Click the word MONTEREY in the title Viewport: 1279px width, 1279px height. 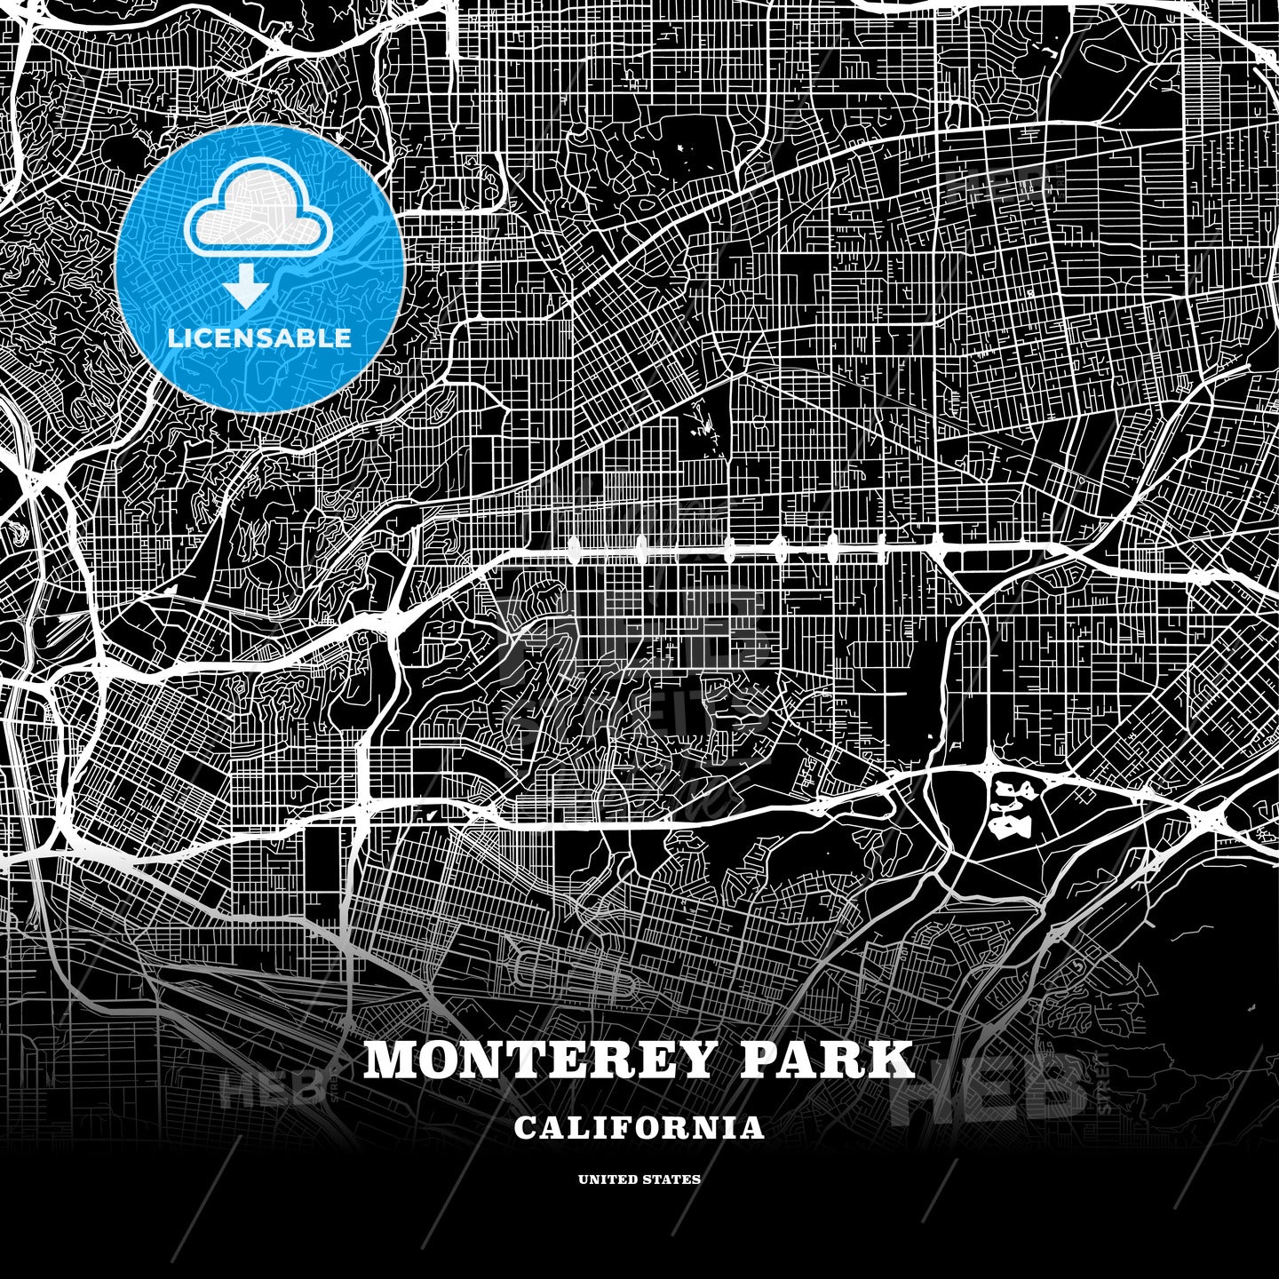(x=532, y=1060)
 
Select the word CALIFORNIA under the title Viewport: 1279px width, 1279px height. (x=639, y=1128)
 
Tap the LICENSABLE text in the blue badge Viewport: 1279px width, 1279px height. (x=259, y=338)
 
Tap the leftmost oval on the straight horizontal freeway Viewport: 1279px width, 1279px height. (x=571, y=551)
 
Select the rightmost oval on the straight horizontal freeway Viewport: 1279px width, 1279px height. (x=938, y=544)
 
